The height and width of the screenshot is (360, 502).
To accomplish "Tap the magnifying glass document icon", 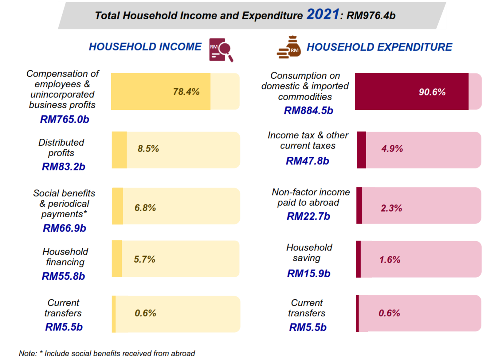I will point(221,50).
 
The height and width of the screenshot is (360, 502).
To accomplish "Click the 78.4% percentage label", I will point(186,92).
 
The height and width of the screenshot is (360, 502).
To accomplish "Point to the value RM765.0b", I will point(65,119).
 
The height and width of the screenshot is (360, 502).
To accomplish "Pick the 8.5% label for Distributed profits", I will point(148,149).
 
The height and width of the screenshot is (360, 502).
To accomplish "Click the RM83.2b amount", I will point(63,167).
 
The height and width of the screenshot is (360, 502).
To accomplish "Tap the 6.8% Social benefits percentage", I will point(145,208).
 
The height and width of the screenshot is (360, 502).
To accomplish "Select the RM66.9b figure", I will point(64,228).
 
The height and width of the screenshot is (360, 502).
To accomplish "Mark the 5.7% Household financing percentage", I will point(144,259).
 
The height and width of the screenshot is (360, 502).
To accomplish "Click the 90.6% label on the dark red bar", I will point(432,92).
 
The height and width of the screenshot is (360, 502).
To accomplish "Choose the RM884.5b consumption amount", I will point(308,111).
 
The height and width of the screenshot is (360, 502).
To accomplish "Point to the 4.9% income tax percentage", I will point(392,149).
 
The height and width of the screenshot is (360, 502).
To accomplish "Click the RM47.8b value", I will point(307,161).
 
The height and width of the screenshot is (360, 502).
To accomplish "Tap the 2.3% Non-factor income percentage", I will point(391,208).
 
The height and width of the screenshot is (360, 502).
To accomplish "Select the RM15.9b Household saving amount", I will point(308,273).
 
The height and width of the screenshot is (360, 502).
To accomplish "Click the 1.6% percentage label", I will point(390,260).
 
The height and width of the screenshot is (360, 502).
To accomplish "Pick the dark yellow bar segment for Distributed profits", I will point(119,150).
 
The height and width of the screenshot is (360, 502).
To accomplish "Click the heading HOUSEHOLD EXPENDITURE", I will point(379,47).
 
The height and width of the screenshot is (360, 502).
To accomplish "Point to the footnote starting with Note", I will point(107,354).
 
